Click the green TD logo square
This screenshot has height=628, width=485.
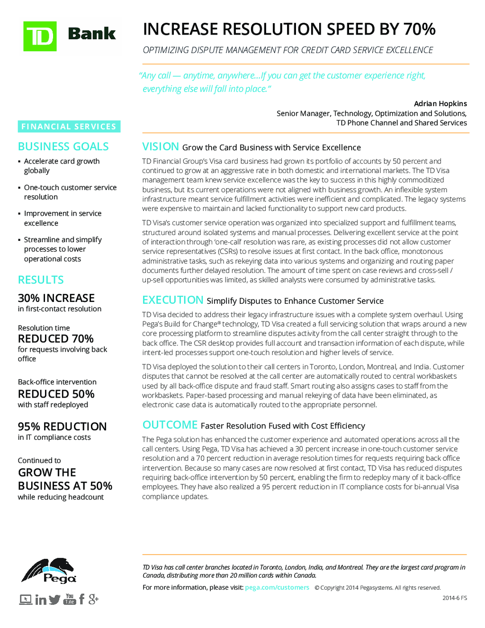(x=40, y=36)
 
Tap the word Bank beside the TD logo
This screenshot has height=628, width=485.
(x=92, y=34)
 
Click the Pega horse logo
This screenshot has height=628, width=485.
(x=49, y=571)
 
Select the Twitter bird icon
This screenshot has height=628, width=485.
(x=54, y=600)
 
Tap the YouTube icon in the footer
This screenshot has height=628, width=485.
(x=70, y=599)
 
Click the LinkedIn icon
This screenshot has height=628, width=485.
(x=41, y=600)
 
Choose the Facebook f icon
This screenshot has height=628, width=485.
(x=81, y=599)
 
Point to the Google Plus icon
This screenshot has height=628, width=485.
(x=93, y=599)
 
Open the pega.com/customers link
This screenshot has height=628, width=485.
(x=277, y=588)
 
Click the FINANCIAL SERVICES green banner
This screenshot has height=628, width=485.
(x=69, y=127)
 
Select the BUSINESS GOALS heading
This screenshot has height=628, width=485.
(x=63, y=147)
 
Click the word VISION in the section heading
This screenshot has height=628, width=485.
(x=161, y=147)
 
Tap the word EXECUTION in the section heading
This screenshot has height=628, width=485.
(x=173, y=300)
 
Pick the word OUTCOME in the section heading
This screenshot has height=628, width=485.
(x=170, y=425)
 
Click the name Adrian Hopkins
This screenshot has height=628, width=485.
(x=440, y=104)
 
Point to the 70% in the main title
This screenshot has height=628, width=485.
(x=420, y=29)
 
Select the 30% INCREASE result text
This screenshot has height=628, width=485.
(x=56, y=298)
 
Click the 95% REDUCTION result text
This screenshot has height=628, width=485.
(x=62, y=427)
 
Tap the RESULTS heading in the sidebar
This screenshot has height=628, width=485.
(x=41, y=280)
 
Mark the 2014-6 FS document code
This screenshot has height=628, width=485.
(x=455, y=598)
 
